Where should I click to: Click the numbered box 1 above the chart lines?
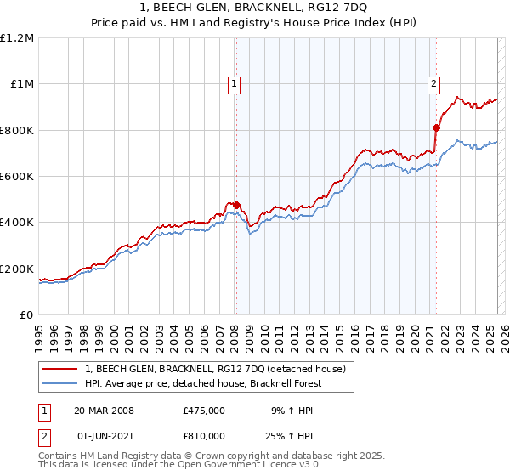point(234,83)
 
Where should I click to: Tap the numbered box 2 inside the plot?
point(433,83)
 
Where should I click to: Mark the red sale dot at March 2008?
point(236,205)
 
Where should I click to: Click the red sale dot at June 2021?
point(436,128)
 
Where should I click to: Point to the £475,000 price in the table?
point(203,411)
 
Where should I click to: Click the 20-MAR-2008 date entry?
point(104,411)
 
